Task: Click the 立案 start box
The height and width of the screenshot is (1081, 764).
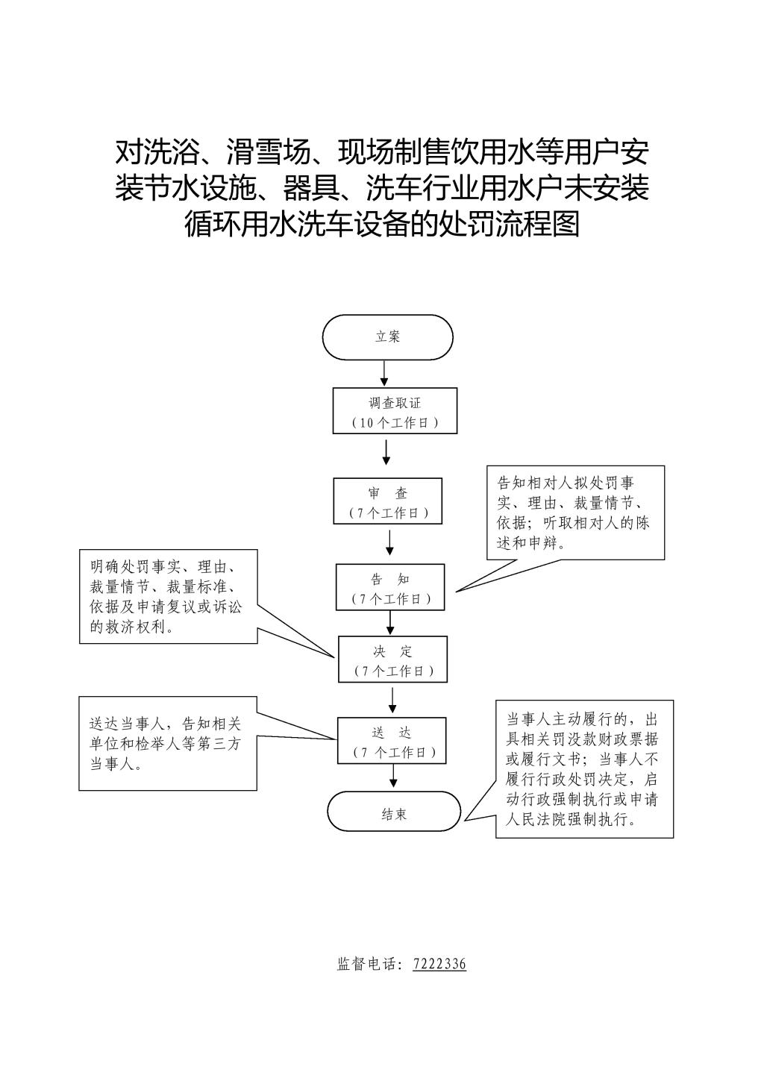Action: coord(387,337)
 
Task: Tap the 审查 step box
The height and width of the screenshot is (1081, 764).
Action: coord(387,501)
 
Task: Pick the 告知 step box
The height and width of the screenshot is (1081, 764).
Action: coord(390,587)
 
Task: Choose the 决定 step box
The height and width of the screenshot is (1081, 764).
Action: coord(392,659)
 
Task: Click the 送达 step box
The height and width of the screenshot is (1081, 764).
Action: coord(392,740)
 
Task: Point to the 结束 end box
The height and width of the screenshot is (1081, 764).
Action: coord(394,811)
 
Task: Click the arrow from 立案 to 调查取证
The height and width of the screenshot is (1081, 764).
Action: coord(384,374)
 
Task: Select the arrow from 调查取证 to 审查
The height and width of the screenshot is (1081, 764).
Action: coord(386,451)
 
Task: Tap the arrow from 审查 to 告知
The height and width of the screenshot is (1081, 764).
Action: coord(390,543)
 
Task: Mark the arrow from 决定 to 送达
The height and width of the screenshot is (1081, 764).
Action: coord(392,701)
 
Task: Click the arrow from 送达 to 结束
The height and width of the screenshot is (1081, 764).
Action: coord(393,776)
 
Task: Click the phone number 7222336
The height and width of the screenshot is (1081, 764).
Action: coord(439,963)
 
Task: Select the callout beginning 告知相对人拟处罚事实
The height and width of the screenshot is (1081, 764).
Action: coord(575,513)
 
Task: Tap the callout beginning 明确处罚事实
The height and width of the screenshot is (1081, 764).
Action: coord(169,597)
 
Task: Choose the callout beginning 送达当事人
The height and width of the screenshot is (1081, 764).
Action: coord(168,743)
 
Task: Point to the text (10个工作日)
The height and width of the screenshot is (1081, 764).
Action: coord(395,423)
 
